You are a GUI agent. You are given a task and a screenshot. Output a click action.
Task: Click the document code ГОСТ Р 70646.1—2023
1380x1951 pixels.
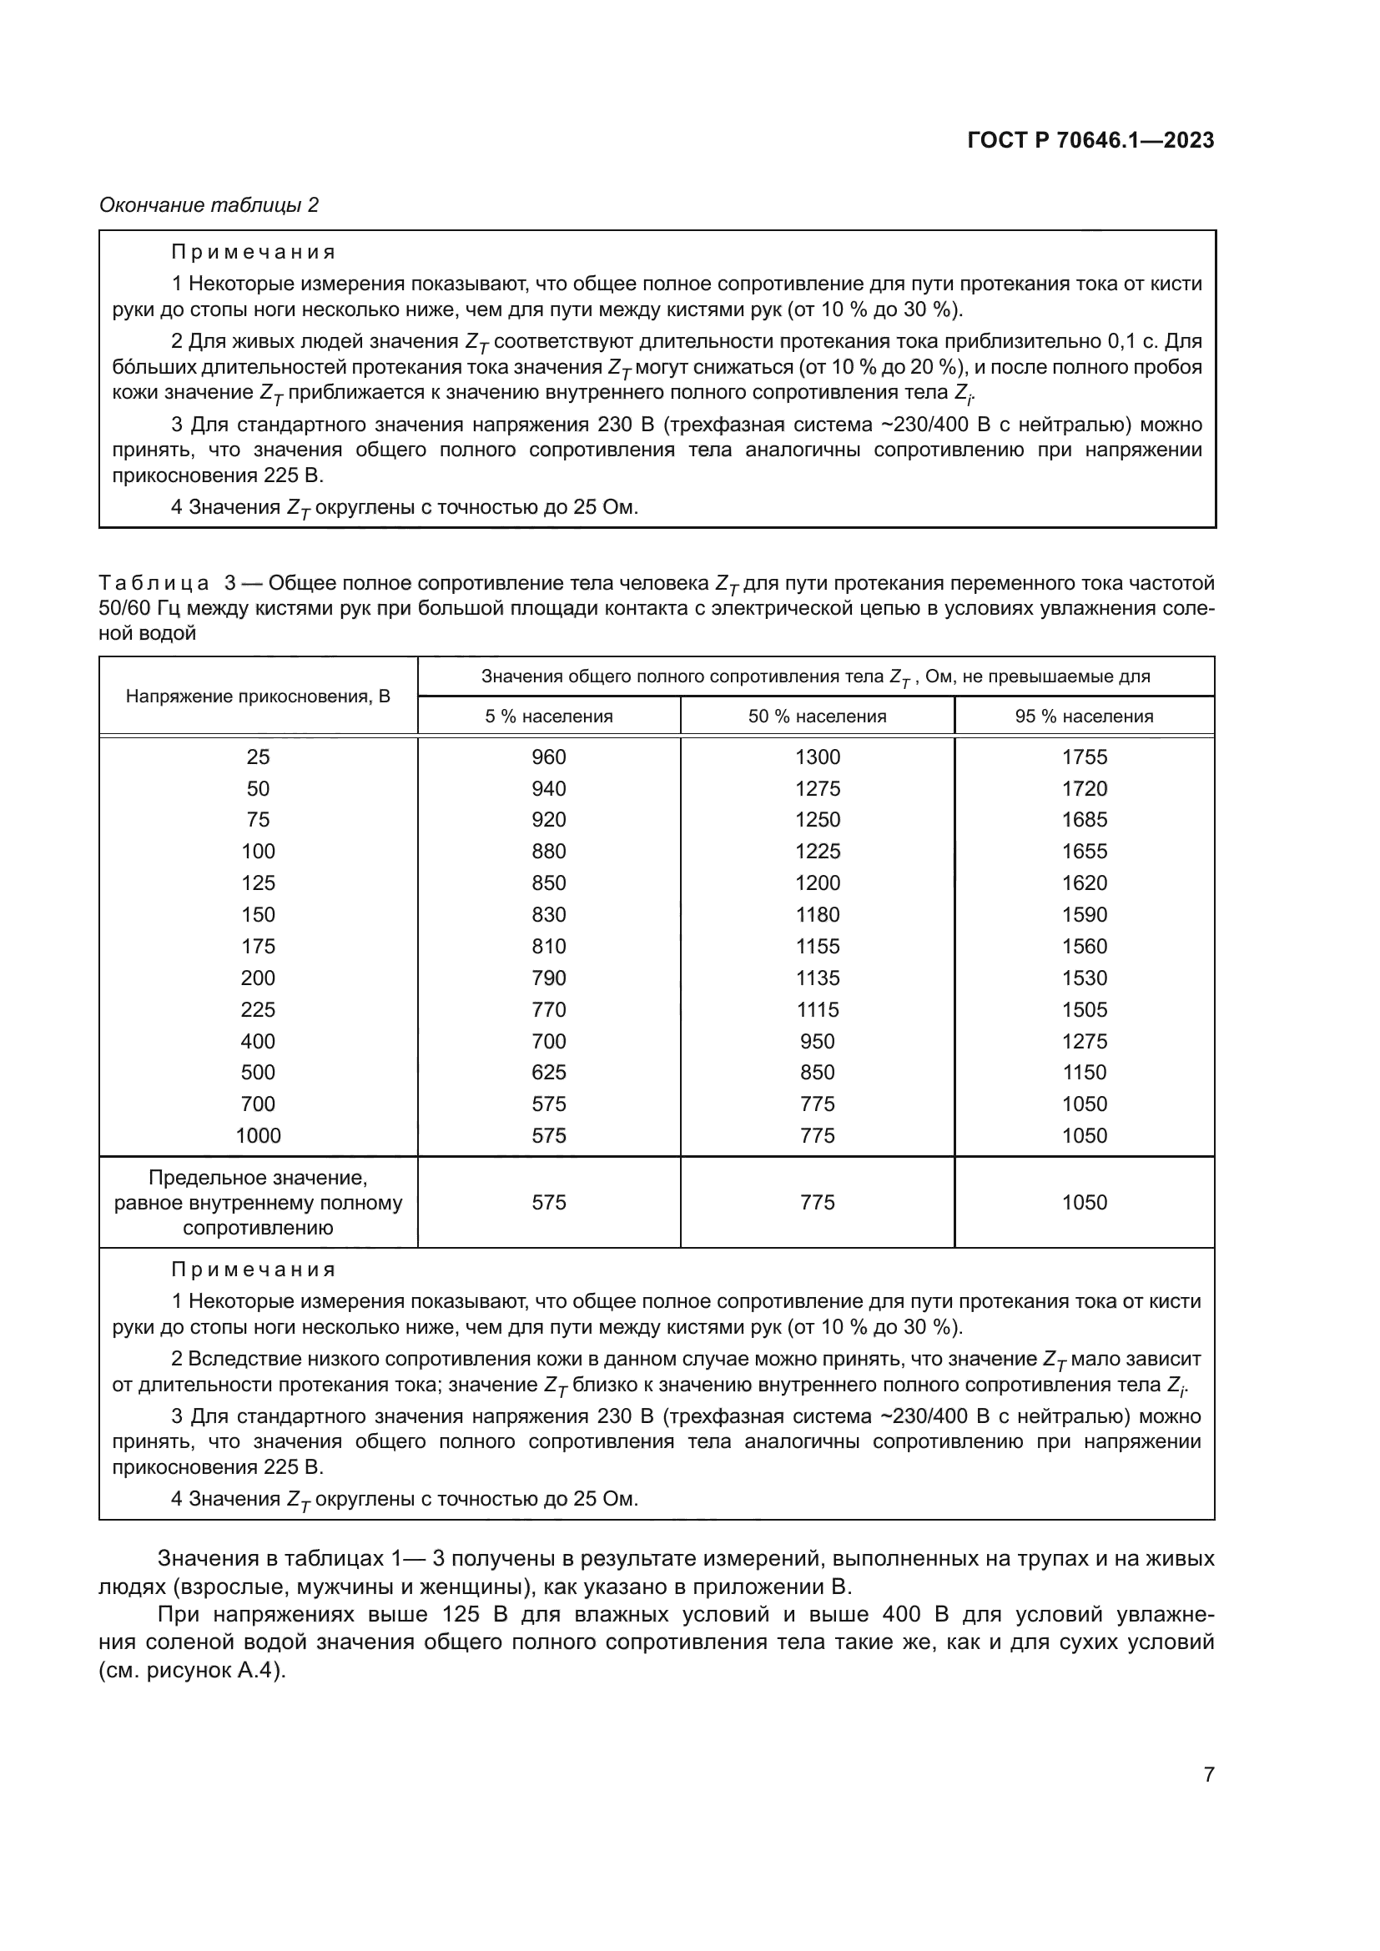tap(1090, 141)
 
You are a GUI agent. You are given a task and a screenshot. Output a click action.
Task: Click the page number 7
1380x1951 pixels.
tap(1208, 1774)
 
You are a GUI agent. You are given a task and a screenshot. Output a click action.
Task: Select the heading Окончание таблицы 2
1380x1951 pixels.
tap(209, 205)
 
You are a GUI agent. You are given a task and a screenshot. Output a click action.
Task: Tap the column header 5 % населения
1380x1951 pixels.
tap(548, 717)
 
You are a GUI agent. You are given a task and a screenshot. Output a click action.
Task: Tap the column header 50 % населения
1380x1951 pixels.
tap(817, 717)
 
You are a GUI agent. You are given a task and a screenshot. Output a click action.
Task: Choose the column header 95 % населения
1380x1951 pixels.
tap(1084, 717)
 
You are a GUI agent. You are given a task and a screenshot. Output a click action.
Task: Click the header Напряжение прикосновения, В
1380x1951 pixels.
tap(258, 696)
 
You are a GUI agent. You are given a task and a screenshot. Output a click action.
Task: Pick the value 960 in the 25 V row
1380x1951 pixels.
tap(548, 757)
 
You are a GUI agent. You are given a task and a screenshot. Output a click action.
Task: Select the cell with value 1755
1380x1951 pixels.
tap(1085, 757)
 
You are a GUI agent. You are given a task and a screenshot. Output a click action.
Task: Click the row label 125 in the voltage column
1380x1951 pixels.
tap(258, 882)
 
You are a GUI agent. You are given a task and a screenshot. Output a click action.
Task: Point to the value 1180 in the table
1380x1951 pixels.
tap(817, 914)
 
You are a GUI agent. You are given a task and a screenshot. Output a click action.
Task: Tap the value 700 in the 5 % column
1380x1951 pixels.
tap(548, 1041)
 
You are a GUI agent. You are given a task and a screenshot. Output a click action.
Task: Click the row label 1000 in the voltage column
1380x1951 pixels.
tap(258, 1135)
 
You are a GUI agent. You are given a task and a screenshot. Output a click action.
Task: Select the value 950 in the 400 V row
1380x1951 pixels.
tap(817, 1041)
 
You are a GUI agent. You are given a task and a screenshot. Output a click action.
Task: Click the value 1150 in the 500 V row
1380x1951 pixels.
tap(1085, 1073)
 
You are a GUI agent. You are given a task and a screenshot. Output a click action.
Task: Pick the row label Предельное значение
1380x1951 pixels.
tap(258, 1179)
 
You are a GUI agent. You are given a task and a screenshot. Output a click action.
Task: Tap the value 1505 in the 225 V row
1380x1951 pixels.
tap(1085, 1009)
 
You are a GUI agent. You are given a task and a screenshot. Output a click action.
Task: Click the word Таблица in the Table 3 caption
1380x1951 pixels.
tap(154, 584)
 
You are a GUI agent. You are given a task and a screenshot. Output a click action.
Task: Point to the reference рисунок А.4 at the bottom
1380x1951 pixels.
tap(212, 1671)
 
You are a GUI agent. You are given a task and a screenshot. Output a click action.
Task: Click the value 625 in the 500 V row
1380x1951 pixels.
tap(548, 1073)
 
